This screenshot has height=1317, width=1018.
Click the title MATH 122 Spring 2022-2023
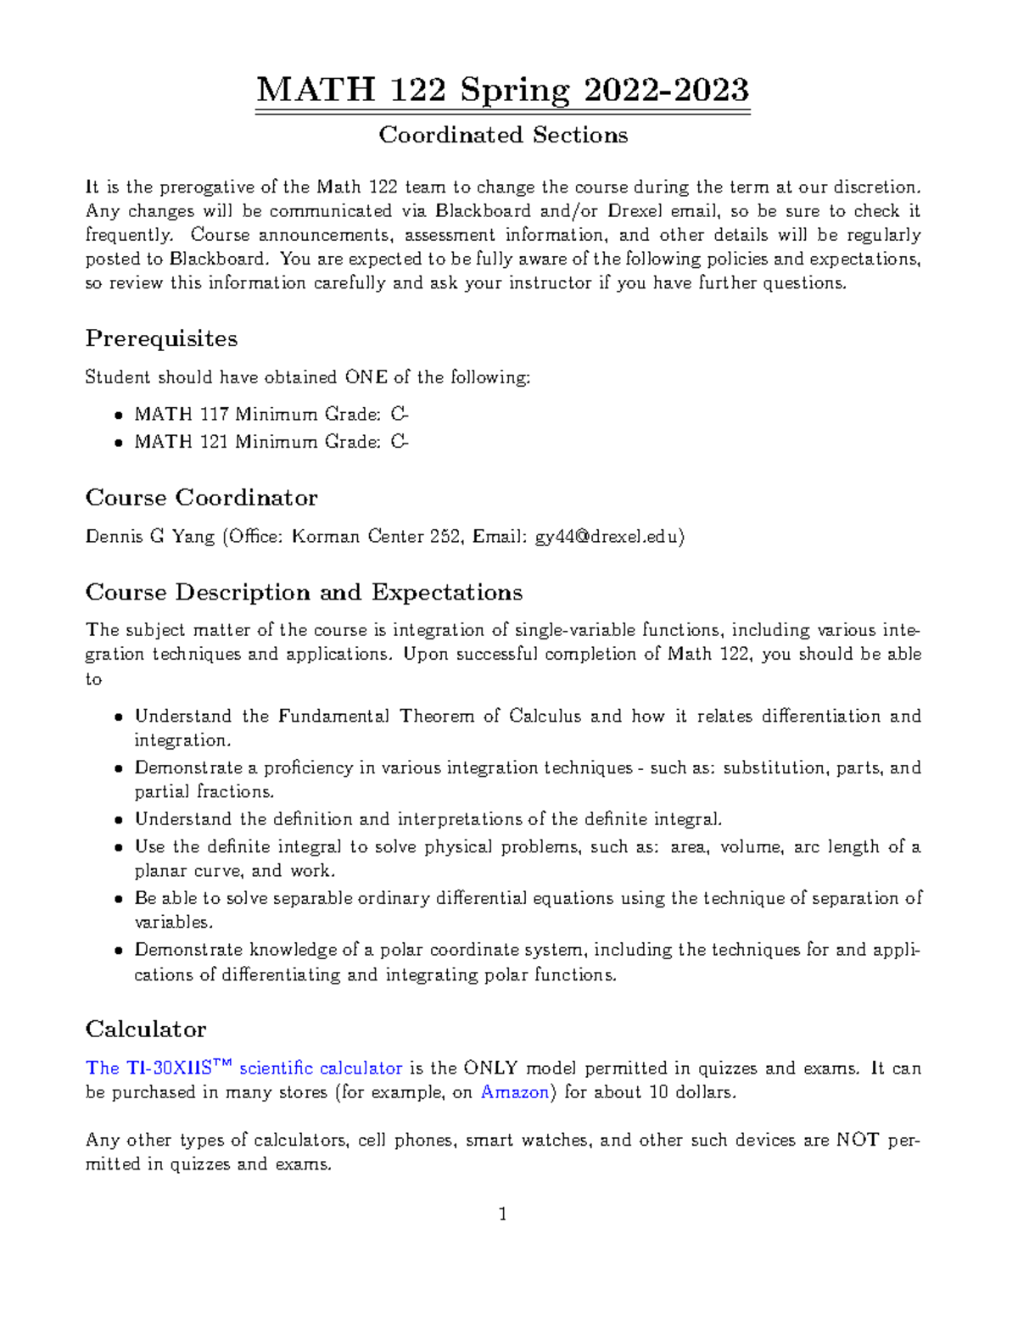[502, 90]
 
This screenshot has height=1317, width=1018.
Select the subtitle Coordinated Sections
[502, 135]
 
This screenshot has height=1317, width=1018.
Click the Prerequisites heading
[161, 338]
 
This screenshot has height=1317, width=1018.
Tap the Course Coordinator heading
[201, 497]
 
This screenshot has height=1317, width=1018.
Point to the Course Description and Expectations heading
[304, 592]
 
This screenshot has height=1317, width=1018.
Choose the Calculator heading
[145, 1030]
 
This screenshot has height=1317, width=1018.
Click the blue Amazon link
[514, 1092]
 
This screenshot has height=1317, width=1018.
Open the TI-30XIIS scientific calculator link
[243, 1068]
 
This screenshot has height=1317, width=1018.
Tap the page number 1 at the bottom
[503, 1214]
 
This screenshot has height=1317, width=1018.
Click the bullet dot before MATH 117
[118, 416]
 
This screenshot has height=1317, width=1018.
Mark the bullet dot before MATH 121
[118, 443]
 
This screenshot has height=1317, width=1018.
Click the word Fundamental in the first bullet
[333, 717]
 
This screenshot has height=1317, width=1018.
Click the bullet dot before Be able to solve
[118, 899]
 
